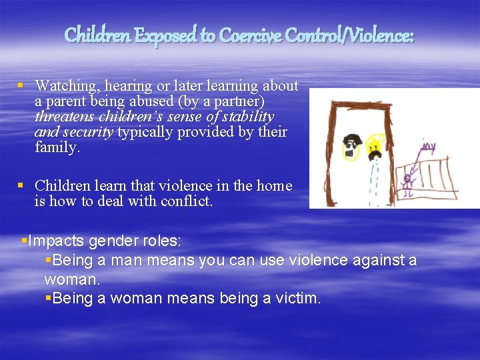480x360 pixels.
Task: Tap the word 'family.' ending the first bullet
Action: click(57, 147)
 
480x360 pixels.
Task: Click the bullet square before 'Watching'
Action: click(21, 86)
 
